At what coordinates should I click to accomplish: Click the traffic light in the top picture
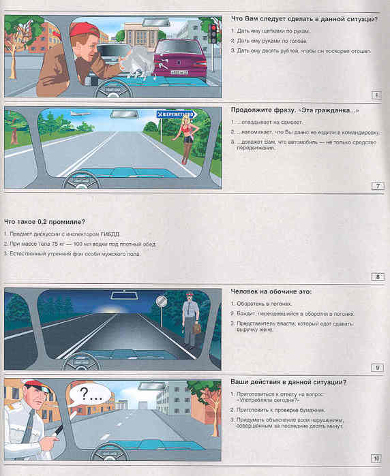(x=212, y=32)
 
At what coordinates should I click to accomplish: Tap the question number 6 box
(x=376, y=94)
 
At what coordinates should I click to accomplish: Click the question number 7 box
(x=376, y=185)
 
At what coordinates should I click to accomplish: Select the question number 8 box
(x=376, y=276)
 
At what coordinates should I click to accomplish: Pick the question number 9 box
(x=376, y=368)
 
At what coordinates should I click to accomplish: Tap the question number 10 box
(x=376, y=458)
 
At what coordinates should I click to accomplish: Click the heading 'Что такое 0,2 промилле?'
(x=44, y=221)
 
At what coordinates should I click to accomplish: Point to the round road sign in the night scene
(x=161, y=302)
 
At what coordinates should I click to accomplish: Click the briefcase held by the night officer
(x=196, y=330)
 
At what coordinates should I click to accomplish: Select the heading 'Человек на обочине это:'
(x=271, y=291)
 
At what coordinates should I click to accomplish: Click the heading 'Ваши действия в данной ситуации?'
(x=288, y=382)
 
